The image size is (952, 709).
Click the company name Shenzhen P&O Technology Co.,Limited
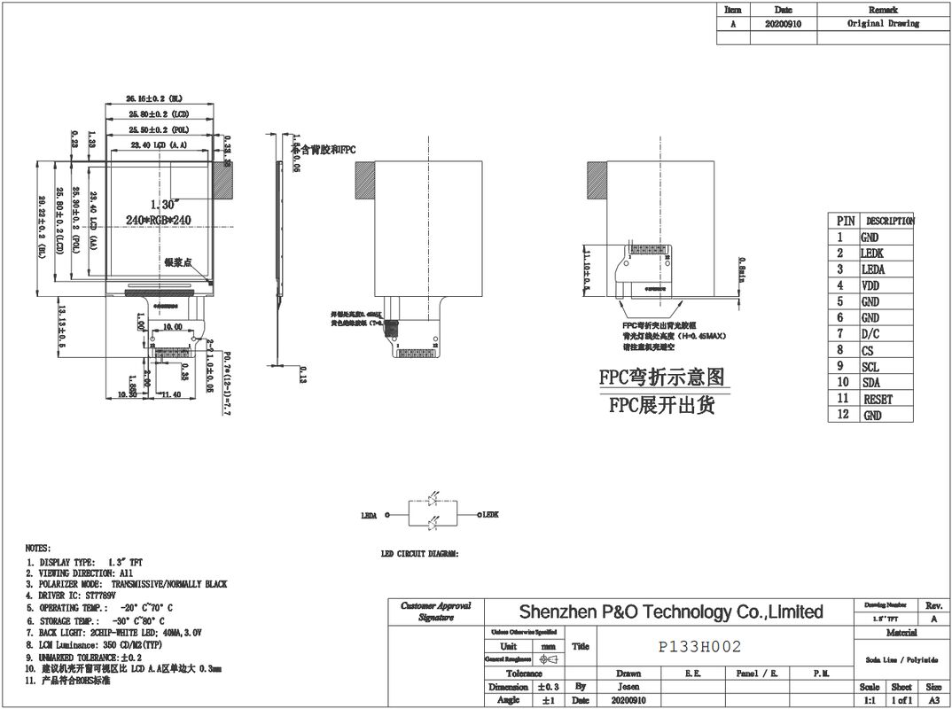tap(670, 612)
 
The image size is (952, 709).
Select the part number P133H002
tap(699, 647)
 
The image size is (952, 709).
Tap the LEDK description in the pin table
tap(872, 253)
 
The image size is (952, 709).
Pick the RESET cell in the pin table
tap(877, 399)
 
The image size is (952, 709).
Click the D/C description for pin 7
tap(870, 334)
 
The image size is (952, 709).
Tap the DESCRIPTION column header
tap(888, 221)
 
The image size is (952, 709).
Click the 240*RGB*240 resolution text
tap(160, 219)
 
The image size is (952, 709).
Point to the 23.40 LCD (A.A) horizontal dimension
tap(159, 144)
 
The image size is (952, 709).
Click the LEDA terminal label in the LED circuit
tap(370, 515)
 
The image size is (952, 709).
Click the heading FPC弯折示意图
tap(662, 378)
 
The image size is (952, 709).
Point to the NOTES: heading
tap(38, 549)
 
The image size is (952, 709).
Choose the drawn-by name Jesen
tap(628, 687)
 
